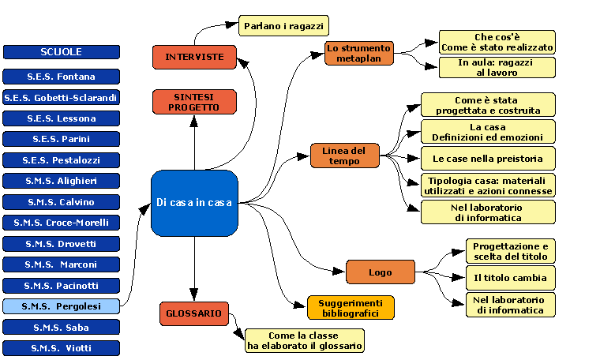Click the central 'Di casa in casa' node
pyautogui.click(x=194, y=202)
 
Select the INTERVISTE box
pyautogui.click(x=194, y=57)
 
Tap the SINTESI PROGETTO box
pyautogui.click(x=194, y=101)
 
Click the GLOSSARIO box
pyautogui.click(x=194, y=313)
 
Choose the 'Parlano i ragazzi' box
pyautogui.click(x=283, y=26)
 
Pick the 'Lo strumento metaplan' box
pyautogui.click(x=359, y=53)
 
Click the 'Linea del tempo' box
pyautogui.click(x=345, y=156)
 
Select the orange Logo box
pyautogui.click(x=381, y=272)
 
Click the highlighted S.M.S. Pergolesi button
pyautogui.click(x=62, y=306)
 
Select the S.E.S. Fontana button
pyautogui.click(x=62, y=77)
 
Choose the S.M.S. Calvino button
pyautogui.click(x=62, y=201)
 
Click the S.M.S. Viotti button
pyautogui.click(x=62, y=347)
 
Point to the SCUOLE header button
pyautogui.click(x=62, y=52)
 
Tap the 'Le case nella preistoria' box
pyautogui.click(x=487, y=158)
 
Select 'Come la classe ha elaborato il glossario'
pyautogui.click(x=305, y=340)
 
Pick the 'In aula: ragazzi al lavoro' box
pyautogui.click(x=497, y=67)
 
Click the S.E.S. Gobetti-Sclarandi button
pyautogui.click(x=62, y=98)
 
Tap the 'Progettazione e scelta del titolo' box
pyautogui.click(x=509, y=251)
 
